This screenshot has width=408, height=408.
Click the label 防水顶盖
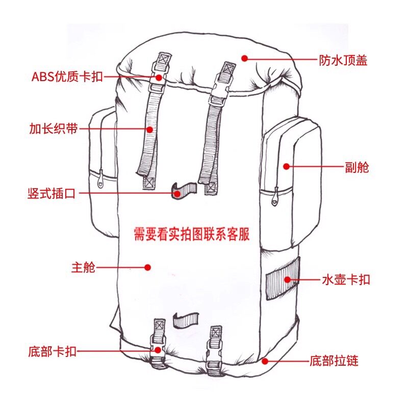click(x=343, y=61)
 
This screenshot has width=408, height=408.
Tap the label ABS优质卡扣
click(x=67, y=77)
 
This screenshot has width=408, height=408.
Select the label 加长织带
click(x=53, y=129)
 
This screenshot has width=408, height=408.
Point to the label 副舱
click(x=356, y=167)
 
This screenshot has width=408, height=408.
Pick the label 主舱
click(x=83, y=267)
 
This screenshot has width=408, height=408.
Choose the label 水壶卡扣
click(x=345, y=279)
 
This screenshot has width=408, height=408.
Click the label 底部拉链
click(x=334, y=362)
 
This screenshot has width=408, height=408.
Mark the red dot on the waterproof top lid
click(x=245, y=59)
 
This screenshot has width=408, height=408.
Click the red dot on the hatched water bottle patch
click(x=287, y=279)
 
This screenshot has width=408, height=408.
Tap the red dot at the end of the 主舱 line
click(x=147, y=267)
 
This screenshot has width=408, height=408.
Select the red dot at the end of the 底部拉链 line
click(x=265, y=361)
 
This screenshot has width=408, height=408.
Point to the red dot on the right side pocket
click(x=286, y=166)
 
